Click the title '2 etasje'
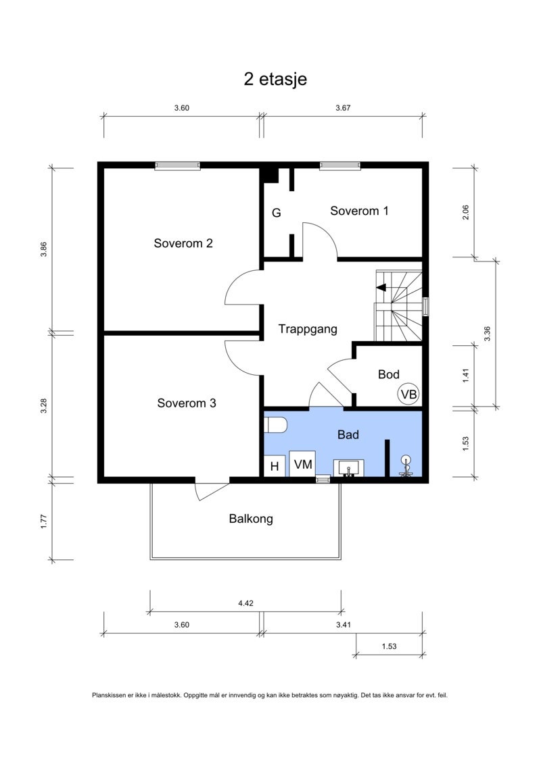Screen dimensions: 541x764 point(275,79)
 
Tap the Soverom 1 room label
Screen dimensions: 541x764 point(359,211)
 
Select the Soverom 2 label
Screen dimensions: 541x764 point(183,243)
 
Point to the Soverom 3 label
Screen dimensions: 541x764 point(187,403)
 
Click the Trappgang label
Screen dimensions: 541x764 point(307,330)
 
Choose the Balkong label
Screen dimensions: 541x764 point(251,519)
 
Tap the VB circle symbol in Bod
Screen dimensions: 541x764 point(408,394)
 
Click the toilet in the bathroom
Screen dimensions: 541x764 point(275,424)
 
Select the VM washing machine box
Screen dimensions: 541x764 point(302,464)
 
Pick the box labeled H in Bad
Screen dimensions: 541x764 point(274,466)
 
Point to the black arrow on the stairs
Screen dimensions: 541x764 point(381,288)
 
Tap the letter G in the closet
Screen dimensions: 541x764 point(276,213)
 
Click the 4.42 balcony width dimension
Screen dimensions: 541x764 point(246,603)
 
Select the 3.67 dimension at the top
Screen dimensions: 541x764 point(343,108)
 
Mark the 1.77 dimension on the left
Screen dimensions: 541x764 point(44,521)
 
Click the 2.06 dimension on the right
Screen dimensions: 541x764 point(465,212)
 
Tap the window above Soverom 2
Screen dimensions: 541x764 point(178,165)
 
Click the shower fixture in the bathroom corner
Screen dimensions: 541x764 point(406,466)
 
